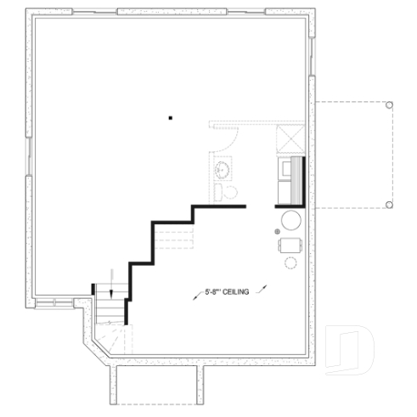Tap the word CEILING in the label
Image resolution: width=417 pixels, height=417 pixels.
[x=234, y=293]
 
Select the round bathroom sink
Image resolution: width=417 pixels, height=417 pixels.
[x=223, y=170]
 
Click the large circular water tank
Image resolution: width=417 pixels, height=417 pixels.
[x=290, y=220]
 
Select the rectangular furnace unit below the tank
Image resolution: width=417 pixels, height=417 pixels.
[x=290, y=245]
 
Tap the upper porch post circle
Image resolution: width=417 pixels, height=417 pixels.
[x=389, y=105]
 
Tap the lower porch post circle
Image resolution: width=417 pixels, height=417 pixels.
[x=389, y=205]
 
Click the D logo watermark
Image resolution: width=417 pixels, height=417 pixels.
[x=352, y=348]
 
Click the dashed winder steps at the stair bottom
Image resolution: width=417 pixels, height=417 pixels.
[x=112, y=340]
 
